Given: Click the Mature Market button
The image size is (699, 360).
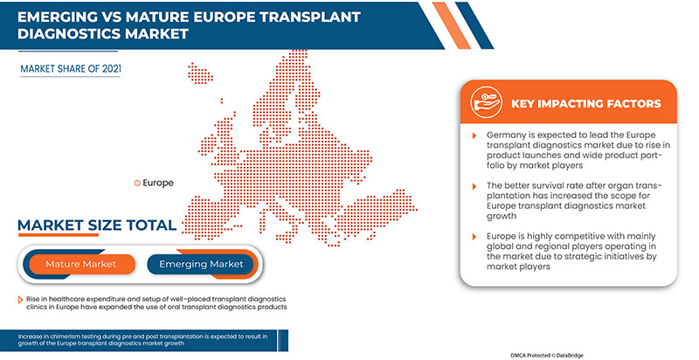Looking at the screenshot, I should (x=81, y=263).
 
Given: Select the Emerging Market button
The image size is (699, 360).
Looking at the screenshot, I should (x=201, y=263).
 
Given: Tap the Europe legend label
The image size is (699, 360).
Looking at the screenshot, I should (x=157, y=183).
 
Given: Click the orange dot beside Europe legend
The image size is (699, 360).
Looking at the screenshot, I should (x=136, y=183).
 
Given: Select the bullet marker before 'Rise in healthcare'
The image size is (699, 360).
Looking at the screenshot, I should (x=19, y=298).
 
